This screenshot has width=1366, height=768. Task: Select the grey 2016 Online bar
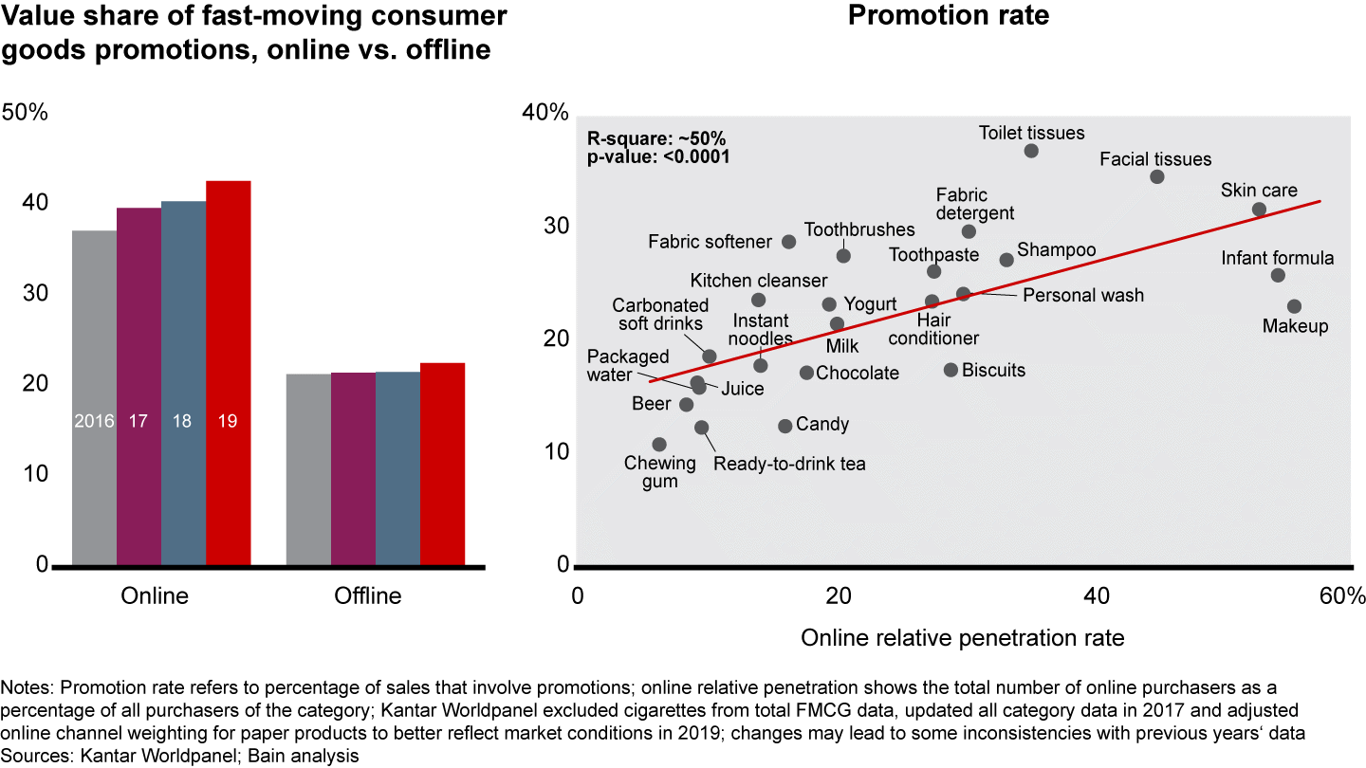(x=94, y=397)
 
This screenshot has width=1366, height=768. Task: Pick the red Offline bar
(x=442, y=465)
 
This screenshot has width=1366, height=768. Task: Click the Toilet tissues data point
(x=1031, y=151)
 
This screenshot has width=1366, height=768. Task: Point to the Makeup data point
(x=1294, y=306)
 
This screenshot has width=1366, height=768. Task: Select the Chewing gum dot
(x=659, y=445)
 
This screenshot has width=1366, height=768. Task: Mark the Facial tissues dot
(x=1156, y=177)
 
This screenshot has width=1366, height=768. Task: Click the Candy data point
(x=785, y=427)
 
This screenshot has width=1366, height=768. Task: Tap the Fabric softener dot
(x=788, y=242)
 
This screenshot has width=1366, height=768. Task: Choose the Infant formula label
(x=1277, y=258)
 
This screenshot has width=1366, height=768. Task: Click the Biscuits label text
(x=993, y=370)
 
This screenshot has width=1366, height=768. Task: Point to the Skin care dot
(x=1259, y=210)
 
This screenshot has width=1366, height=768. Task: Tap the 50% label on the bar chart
(x=26, y=112)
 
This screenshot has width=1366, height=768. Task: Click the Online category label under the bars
(x=155, y=595)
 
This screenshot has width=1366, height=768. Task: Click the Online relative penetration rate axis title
(x=962, y=637)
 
